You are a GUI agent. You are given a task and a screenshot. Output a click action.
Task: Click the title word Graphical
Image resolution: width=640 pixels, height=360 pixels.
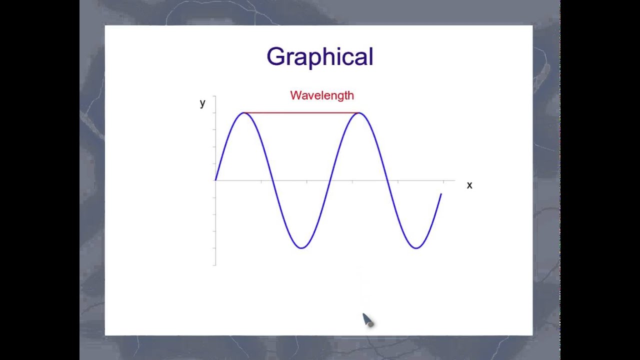pos(320,57)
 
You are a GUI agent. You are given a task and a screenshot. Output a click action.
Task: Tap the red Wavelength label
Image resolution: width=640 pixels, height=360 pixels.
pos(322,95)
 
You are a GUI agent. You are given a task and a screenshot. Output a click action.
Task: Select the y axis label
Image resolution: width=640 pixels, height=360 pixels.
pos(202,103)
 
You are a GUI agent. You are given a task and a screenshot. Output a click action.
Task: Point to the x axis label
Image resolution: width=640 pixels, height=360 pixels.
pos(469,185)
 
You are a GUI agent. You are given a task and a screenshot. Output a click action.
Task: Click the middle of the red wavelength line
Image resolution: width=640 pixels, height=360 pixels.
pos(301,113)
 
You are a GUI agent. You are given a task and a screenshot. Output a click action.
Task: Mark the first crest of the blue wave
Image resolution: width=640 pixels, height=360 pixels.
pos(244,113)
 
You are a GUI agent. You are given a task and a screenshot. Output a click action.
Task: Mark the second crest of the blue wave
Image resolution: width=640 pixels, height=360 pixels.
pos(359,113)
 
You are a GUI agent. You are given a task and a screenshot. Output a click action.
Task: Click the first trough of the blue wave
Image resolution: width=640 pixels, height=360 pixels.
pos(301,247)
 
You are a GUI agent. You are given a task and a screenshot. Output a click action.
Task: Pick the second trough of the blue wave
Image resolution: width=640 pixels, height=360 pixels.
pos(416,247)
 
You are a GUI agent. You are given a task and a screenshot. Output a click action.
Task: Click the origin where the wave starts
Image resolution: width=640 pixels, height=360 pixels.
pos(215,180)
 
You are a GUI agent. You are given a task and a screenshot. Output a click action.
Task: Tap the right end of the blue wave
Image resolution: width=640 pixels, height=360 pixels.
pos(441,194)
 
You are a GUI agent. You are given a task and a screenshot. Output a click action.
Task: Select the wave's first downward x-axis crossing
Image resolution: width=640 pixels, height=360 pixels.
pos(272,180)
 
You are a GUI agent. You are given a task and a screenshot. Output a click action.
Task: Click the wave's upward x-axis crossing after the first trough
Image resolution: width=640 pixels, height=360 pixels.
pos(330,180)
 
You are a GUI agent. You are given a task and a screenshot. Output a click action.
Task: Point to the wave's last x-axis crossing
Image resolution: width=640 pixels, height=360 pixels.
pos(387,180)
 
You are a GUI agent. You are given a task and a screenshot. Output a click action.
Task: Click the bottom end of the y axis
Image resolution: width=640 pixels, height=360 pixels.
pos(215,264)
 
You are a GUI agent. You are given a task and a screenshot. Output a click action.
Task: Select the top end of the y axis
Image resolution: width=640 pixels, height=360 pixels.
pos(215,96)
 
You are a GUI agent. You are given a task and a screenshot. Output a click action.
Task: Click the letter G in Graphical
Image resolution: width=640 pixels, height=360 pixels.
pos(275,57)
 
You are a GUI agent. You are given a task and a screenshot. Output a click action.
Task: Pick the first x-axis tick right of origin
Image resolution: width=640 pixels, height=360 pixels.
pos(261,181)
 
